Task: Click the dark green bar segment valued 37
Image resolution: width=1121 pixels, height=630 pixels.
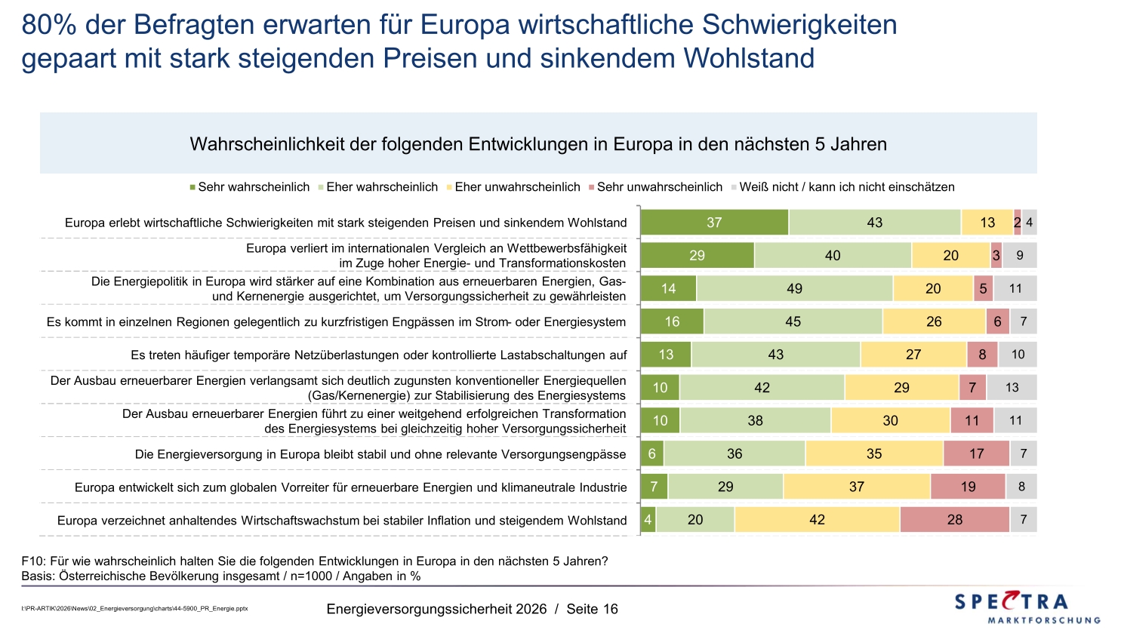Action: tap(714, 223)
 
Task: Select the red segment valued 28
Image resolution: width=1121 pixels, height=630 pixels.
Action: tap(954, 520)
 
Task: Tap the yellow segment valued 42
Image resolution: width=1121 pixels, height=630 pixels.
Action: tap(817, 520)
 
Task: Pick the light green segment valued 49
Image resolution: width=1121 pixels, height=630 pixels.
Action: tap(794, 288)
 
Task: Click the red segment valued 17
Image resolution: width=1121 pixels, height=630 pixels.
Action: tap(976, 453)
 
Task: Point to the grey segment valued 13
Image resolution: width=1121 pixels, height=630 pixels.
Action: tap(1012, 388)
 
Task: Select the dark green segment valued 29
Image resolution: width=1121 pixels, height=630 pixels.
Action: tap(697, 256)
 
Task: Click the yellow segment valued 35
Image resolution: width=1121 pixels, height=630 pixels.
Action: tap(874, 453)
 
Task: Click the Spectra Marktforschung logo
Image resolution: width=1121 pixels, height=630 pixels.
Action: tap(1027, 607)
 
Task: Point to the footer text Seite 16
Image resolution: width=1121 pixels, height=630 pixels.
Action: tap(592, 609)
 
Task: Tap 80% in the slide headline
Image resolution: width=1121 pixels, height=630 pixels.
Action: tap(49, 25)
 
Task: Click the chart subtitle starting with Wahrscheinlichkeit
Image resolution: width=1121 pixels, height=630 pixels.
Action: tap(538, 144)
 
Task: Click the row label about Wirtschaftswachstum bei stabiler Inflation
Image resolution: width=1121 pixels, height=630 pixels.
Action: tap(342, 521)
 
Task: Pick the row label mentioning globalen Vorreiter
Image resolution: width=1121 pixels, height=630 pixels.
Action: tap(350, 487)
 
